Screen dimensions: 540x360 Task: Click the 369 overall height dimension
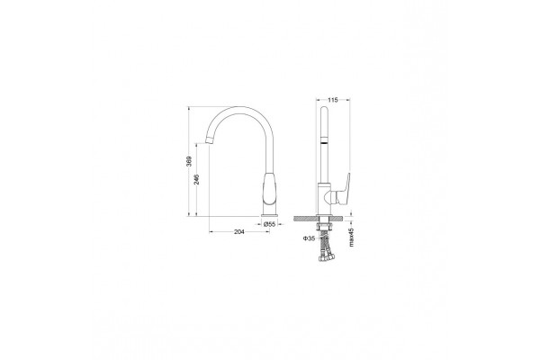(189, 162)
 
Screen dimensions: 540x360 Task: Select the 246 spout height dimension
(196, 179)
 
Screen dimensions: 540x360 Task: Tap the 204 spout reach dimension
(239, 232)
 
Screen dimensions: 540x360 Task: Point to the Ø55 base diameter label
(270, 224)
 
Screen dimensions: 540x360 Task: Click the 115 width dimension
(332, 100)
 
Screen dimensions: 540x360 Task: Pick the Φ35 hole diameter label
(309, 238)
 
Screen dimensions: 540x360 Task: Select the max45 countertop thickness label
(351, 238)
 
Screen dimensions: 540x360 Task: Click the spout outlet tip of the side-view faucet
(210, 140)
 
